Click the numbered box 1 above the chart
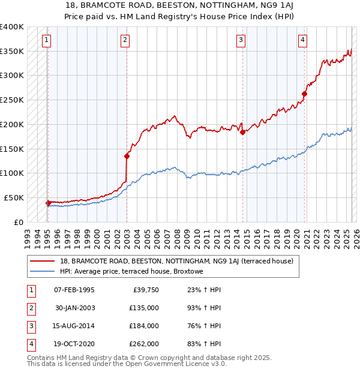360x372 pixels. (47, 40)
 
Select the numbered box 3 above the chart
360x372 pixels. (241, 40)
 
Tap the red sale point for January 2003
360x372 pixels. (127, 156)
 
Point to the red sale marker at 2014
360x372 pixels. (243, 132)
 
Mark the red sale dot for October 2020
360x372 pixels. (305, 94)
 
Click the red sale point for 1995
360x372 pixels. (48, 203)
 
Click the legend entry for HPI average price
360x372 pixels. (137, 271)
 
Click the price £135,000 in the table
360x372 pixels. (144, 308)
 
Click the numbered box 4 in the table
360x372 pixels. (30, 344)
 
